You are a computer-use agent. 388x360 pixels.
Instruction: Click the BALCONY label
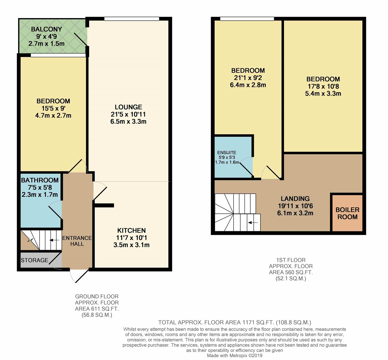pos(47,29)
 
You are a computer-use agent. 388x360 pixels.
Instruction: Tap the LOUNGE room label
pos(128,107)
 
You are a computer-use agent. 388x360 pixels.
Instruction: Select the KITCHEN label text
pos(131,231)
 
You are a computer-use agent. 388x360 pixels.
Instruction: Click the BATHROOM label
pos(40,180)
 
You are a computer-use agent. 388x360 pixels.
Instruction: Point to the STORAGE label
pos(34,260)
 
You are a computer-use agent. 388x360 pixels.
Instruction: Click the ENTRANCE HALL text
pos(77,241)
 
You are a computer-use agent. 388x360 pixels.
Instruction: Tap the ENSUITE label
pos(227,153)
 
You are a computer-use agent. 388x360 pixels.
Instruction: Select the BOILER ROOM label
pos(347,213)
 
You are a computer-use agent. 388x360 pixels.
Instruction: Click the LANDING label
pos(295,199)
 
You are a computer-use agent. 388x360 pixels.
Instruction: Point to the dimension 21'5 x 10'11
pos(128,114)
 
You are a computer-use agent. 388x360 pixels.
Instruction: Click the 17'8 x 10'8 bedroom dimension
pos(323,86)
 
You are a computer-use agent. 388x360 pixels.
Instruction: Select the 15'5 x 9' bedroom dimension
pos(53,108)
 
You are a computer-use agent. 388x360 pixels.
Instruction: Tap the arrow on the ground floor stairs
pos(54,240)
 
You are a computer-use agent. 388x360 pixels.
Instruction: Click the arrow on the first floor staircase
pos(253,223)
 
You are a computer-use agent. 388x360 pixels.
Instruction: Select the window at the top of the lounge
pos(132,19)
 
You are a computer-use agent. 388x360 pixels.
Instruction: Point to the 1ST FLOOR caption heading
pos(291,260)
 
